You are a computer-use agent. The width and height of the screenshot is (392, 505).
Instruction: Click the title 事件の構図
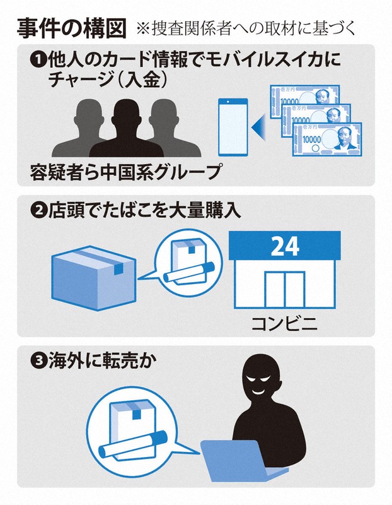[x=71, y=28]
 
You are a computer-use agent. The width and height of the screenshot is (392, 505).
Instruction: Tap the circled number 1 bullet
[x=38, y=61]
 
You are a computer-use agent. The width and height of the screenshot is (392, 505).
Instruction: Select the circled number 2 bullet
[x=38, y=211]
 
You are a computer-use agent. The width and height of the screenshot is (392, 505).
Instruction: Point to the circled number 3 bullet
[x=38, y=361]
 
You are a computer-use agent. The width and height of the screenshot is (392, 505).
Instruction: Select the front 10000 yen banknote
[x=327, y=140]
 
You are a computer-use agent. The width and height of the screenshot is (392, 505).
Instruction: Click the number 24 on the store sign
[x=285, y=246]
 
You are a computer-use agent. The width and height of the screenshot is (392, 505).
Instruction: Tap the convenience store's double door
[x=285, y=290]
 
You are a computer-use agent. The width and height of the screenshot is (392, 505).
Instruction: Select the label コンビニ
[x=285, y=324]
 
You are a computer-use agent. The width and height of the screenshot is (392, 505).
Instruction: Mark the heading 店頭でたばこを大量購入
[x=144, y=211]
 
